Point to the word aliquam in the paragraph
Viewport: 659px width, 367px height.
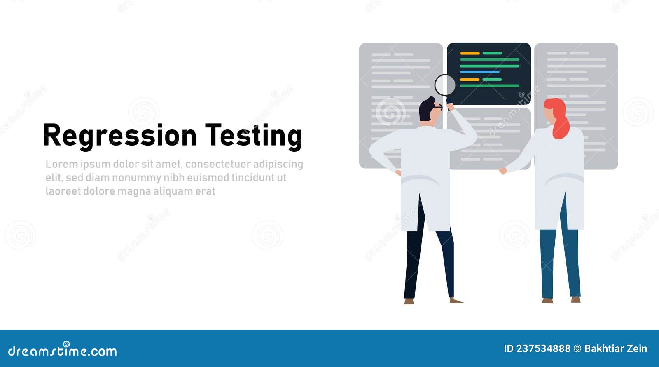[x=172, y=191]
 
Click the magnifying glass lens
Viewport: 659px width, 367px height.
[x=445, y=85]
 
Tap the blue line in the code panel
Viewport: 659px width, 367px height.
[x=479, y=72]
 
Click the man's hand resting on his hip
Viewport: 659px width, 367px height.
[x=398, y=172]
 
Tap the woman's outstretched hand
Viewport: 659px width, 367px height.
[x=502, y=171]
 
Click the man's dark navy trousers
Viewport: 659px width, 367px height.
[x=428, y=264]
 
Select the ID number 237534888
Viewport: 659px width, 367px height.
[x=543, y=348]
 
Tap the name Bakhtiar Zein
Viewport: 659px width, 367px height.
[x=615, y=348]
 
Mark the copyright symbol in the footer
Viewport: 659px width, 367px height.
[x=577, y=348]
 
